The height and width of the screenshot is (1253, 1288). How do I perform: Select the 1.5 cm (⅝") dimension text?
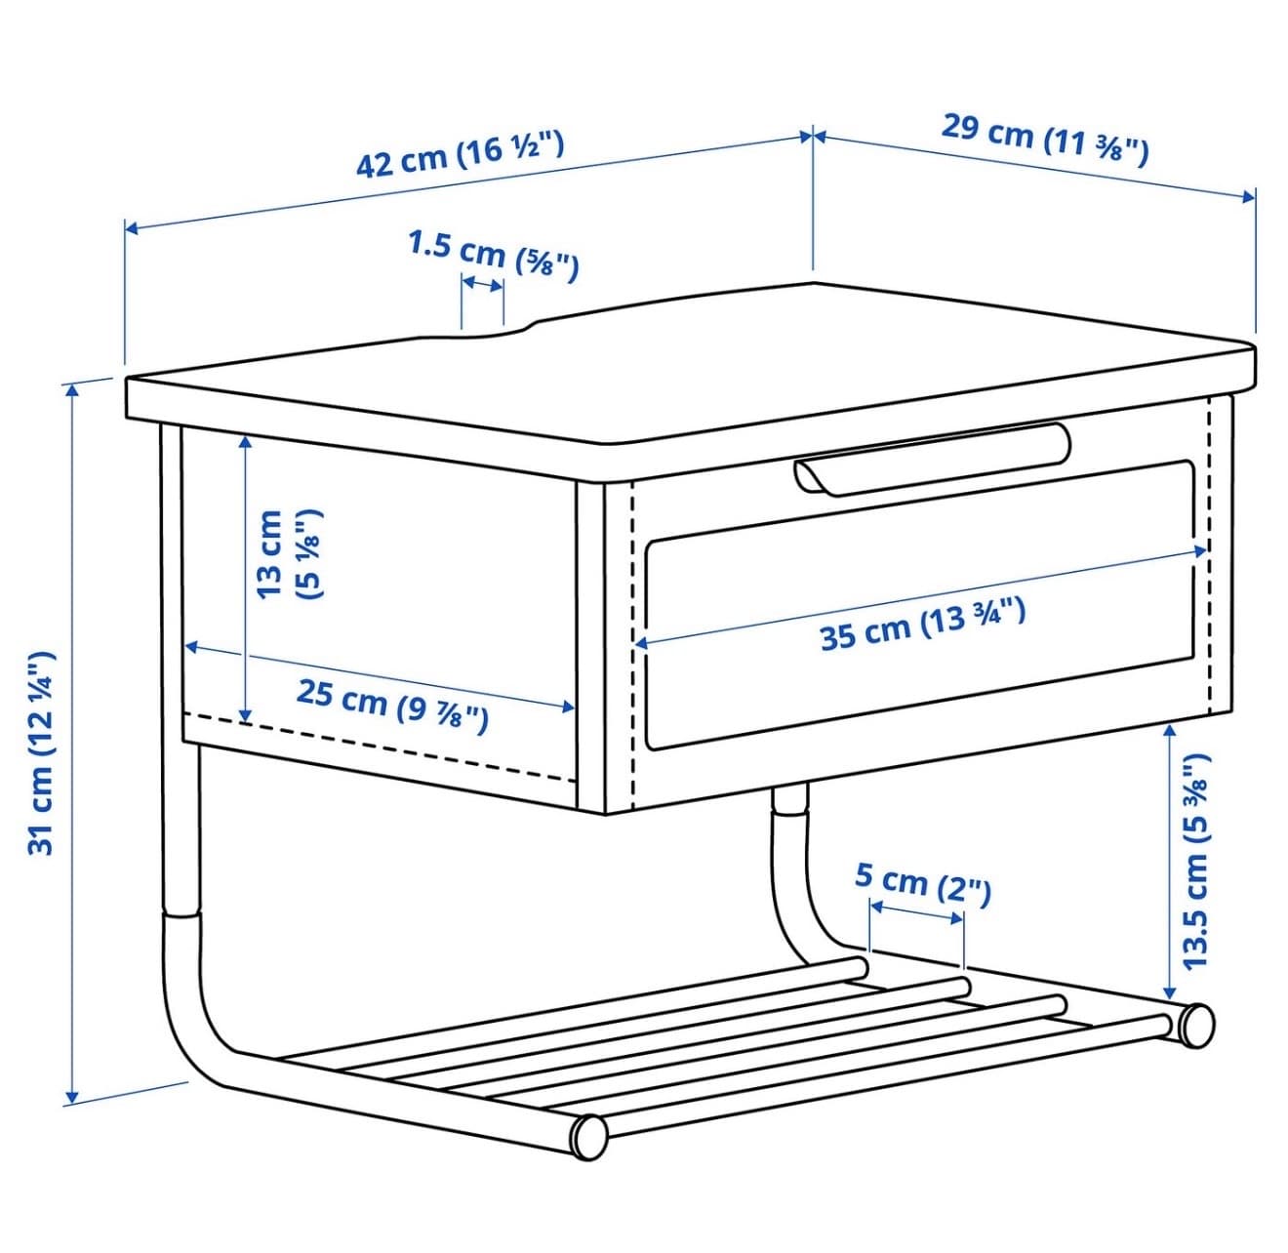coord(493,255)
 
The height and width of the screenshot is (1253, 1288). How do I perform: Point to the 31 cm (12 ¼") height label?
coord(42,754)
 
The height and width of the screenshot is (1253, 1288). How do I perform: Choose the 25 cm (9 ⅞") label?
coord(392,705)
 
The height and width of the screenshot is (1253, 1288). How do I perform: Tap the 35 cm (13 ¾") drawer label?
coord(923,624)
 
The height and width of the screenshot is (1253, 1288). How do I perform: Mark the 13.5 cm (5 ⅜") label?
coord(1196,862)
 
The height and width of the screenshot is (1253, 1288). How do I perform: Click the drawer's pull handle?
coord(932,458)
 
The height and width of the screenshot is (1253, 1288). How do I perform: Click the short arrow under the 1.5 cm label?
coord(482,285)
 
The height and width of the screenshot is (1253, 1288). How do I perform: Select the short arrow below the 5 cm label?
coord(916,911)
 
